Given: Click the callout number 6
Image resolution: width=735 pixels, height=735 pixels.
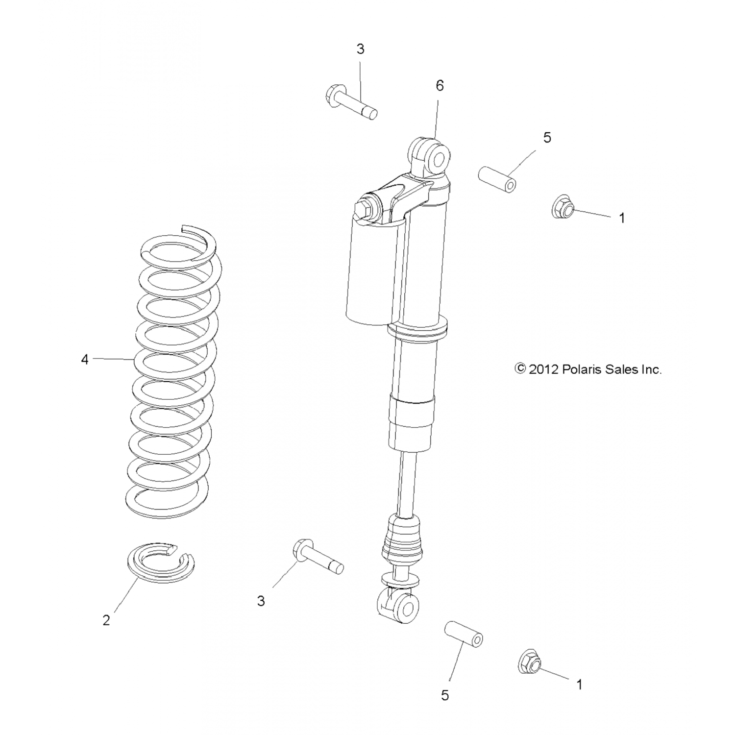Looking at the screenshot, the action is [x=440, y=86].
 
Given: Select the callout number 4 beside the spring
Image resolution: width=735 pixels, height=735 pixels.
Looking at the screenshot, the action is [x=85, y=360].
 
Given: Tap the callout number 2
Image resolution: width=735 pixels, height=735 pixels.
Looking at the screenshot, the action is [x=106, y=620].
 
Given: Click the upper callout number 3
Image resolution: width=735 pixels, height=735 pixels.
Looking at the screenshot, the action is [x=361, y=49].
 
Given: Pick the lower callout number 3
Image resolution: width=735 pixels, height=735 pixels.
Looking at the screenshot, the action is [x=261, y=601].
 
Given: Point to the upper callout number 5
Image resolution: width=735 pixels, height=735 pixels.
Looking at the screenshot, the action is [x=547, y=138].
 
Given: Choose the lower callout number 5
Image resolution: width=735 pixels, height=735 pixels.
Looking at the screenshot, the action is [x=445, y=695].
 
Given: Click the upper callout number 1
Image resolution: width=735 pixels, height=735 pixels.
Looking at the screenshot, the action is [x=622, y=218].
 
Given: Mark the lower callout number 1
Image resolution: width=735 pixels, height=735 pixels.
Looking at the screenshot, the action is [x=579, y=685].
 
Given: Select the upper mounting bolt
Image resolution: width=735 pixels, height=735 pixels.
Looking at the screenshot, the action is [x=350, y=102].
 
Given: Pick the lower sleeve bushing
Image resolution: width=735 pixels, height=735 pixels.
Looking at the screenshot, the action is [x=464, y=634].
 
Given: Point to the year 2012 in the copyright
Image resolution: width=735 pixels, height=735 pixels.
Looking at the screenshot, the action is [x=543, y=369].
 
